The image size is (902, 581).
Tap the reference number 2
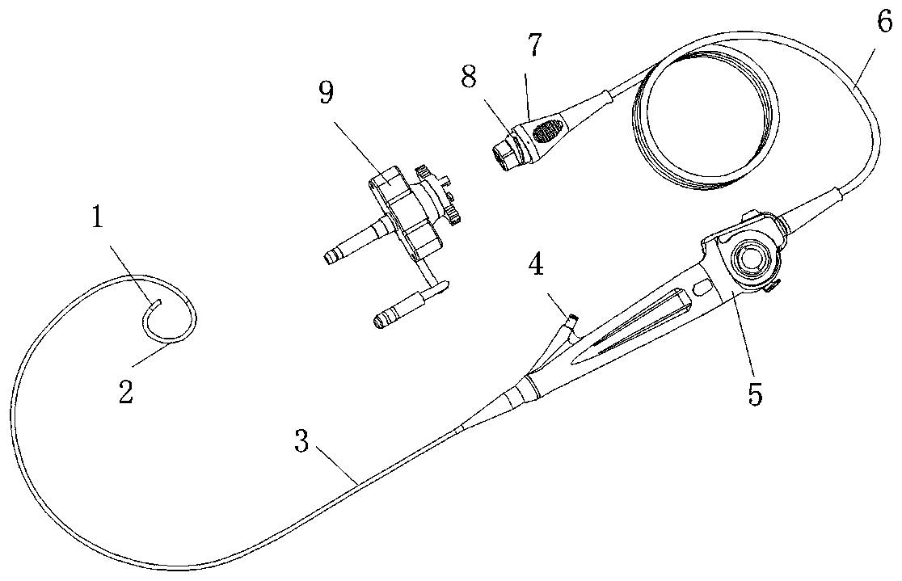[x=125, y=393]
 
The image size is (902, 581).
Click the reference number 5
[x=754, y=394]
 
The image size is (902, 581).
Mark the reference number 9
[x=326, y=94]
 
